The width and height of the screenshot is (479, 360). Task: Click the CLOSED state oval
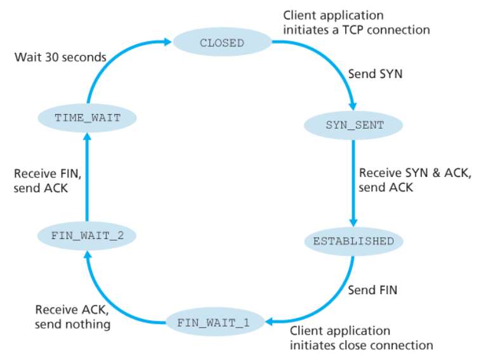click(221, 43)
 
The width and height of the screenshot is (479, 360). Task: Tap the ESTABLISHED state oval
click(353, 241)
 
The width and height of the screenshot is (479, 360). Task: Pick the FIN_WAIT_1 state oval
click(213, 323)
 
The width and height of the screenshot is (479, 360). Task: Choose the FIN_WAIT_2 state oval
click(86, 235)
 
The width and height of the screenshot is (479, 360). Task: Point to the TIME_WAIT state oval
click(87, 118)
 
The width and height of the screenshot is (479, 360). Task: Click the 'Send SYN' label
click(376, 74)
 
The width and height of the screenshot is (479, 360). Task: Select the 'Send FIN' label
click(373, 290)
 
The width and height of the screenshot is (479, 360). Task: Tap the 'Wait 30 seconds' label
click(60, 58)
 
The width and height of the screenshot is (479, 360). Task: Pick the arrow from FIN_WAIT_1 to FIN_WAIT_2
click(114, 292)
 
